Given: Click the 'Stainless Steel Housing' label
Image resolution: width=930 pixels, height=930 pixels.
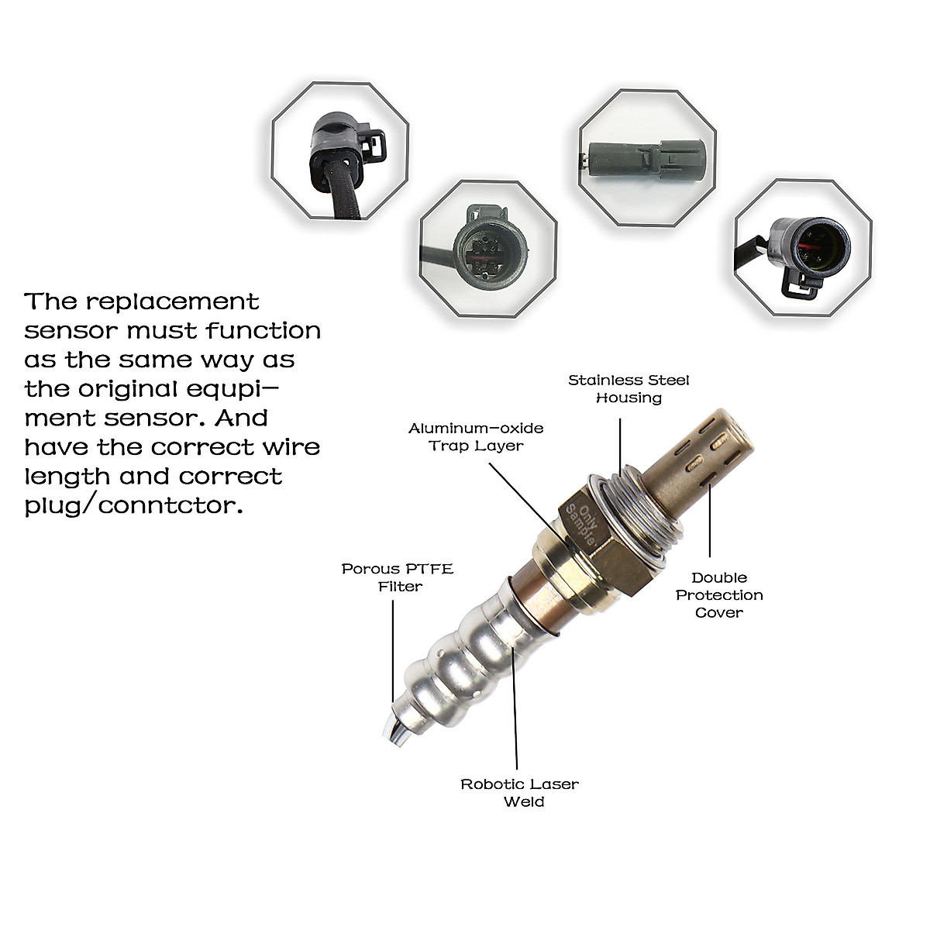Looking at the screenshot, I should point(629,389).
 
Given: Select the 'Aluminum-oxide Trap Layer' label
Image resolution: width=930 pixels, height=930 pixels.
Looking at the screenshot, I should point(476,437).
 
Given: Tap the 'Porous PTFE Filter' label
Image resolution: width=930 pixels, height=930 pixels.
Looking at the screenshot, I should point(398,577).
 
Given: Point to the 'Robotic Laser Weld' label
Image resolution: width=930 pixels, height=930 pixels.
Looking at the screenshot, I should point(519,793).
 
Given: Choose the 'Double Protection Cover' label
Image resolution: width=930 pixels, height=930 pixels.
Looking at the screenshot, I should point(719,595).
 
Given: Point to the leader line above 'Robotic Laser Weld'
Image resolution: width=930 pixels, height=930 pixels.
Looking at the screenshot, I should point(515,705).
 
